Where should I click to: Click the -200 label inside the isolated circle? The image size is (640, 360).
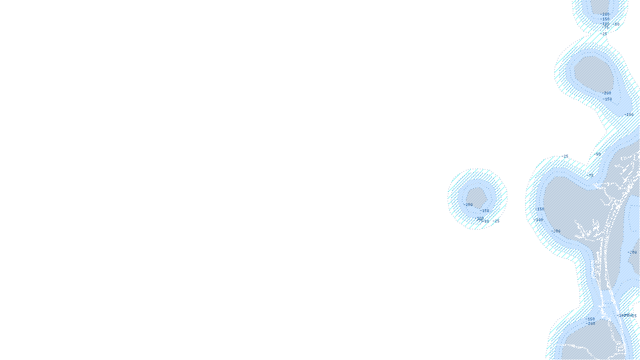pos(469,205)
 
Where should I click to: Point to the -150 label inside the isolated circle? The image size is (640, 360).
pos(485,210)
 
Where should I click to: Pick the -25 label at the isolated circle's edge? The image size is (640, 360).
pos(496,221)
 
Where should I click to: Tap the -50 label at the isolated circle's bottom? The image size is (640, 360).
pos(486,221)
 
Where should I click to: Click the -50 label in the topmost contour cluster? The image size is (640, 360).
pos(616,24)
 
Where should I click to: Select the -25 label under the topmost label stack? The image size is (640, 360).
pos(605,34)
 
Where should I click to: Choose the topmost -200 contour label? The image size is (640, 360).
pos(606,14)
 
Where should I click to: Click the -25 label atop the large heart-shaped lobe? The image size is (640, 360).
pos(565,156)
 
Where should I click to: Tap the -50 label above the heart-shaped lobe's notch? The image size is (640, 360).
pos(598,154)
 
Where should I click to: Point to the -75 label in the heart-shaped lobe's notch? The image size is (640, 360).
pos(590,175)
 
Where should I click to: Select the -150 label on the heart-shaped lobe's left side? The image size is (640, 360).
pos(540,209)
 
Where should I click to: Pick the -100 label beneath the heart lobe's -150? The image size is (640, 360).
pos(540,220)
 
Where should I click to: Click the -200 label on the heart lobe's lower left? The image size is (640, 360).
pos(556,231)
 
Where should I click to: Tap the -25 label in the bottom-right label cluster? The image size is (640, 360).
pos(634,316)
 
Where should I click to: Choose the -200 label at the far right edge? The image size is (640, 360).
pos(633,252)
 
